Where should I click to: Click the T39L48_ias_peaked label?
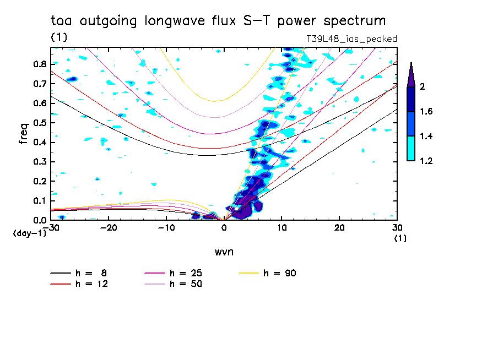pos(351,39)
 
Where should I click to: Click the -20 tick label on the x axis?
pos(109,228)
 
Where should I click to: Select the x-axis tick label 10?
pos(282,228)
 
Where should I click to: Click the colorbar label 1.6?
pos(426,112)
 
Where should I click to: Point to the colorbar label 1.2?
pos(426,161)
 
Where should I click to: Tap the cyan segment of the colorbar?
pos(411,149)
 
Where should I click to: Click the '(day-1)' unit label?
pos(29,233)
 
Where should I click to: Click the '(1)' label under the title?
pos(59,37)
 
